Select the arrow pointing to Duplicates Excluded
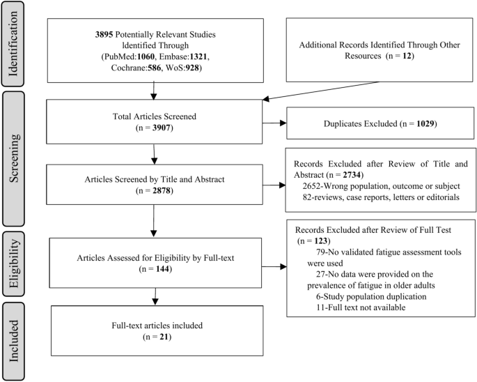(274, 123)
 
